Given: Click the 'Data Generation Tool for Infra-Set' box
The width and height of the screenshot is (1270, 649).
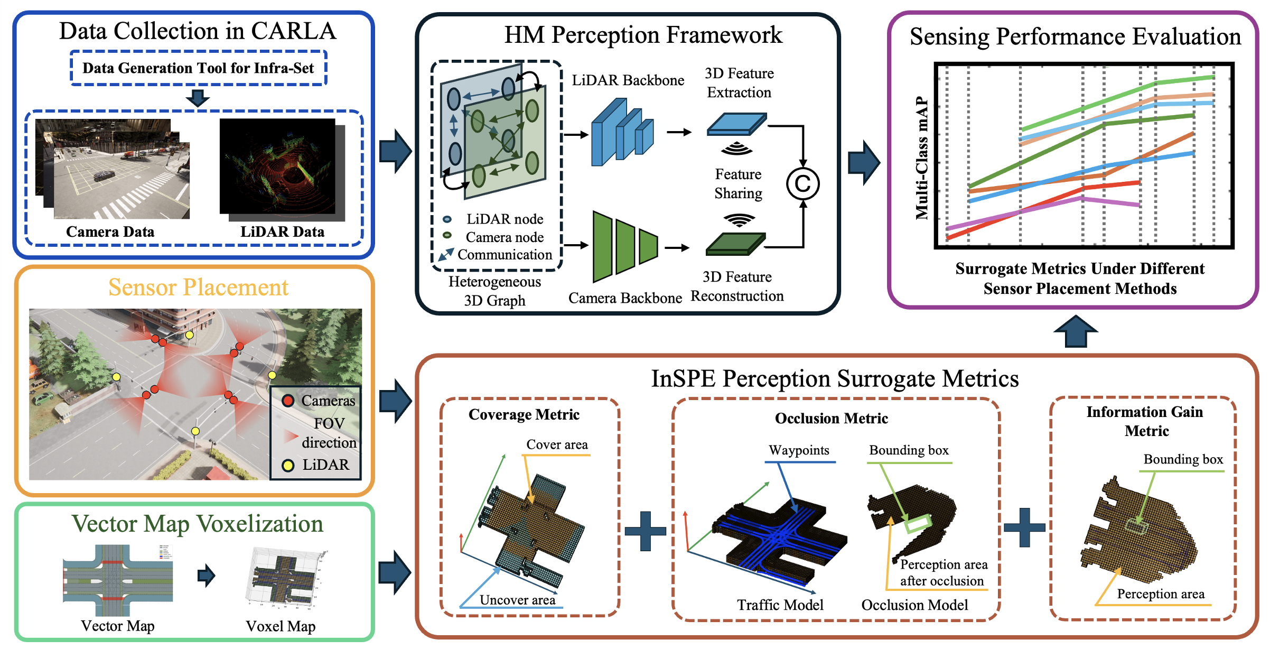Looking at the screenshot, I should pos(198,68).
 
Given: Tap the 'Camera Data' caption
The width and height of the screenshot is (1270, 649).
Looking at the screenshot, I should pos(110,231).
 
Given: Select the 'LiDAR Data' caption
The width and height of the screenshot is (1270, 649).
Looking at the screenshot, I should pos(282,231).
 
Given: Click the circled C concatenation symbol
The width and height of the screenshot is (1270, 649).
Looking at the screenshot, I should pos(802,184).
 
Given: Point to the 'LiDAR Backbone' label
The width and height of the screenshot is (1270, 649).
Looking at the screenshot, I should pos(628,80).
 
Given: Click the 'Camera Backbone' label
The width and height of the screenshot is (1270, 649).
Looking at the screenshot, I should pos(625,298).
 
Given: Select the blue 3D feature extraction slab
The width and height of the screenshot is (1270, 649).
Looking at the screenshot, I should pos(736,125).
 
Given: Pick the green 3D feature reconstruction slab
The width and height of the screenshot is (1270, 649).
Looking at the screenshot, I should pos(735,244).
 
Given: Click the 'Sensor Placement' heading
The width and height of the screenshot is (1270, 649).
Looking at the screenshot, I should pos(198,288).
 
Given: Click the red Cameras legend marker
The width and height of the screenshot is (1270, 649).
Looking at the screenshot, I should pos(288,401).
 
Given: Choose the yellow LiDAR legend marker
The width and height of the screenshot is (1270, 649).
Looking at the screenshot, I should pos(288,465).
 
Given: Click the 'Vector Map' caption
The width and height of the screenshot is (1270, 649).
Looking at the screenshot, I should pos(117,626).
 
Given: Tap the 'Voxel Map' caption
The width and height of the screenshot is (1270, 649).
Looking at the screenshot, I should pos(281,626).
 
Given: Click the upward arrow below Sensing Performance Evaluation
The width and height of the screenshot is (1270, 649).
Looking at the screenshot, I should pos(1076,331).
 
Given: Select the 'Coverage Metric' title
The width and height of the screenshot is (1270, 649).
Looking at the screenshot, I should pos(524,415).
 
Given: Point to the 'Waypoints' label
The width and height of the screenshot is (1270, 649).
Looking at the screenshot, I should pos(799,450).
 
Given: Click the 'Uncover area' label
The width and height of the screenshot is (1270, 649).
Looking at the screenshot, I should pos(517,600).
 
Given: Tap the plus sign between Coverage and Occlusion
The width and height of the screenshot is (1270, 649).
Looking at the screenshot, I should pos(646,531).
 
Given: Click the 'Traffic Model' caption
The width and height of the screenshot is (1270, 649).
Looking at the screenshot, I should pos(780,605).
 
